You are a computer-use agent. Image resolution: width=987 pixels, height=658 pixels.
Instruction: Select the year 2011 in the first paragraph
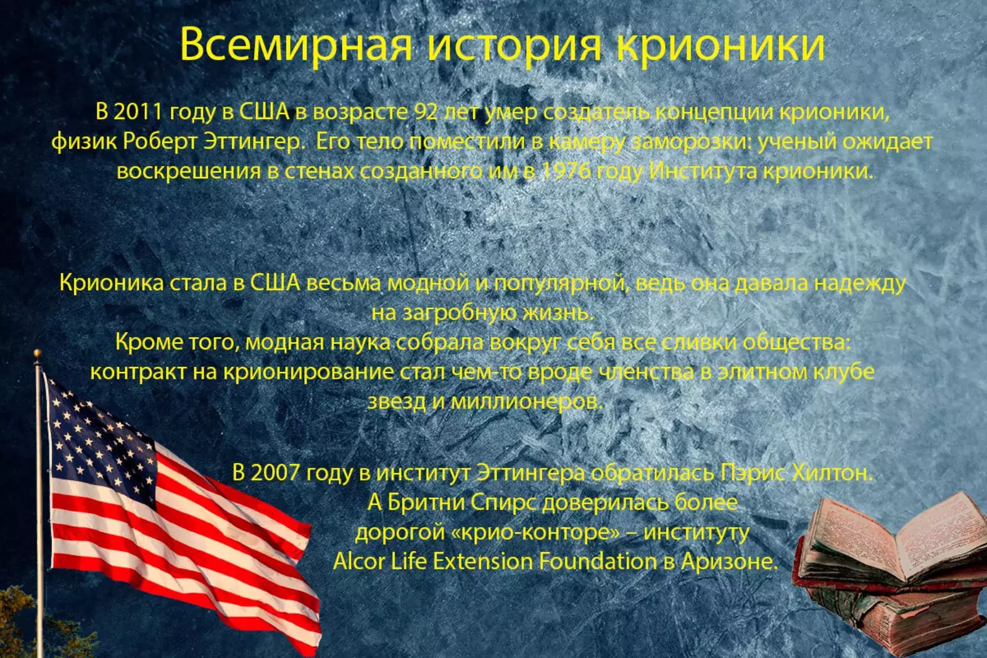pyautogui.click(x=138, y=112)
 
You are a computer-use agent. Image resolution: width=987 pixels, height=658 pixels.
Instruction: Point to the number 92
pyautogui.click(x=426, y=112)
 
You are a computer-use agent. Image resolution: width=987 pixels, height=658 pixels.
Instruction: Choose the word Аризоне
pyautogui.click(x=729, y=562)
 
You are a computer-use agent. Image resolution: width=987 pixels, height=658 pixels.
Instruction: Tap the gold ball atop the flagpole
pyautogui.click(x=38, y=353)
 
